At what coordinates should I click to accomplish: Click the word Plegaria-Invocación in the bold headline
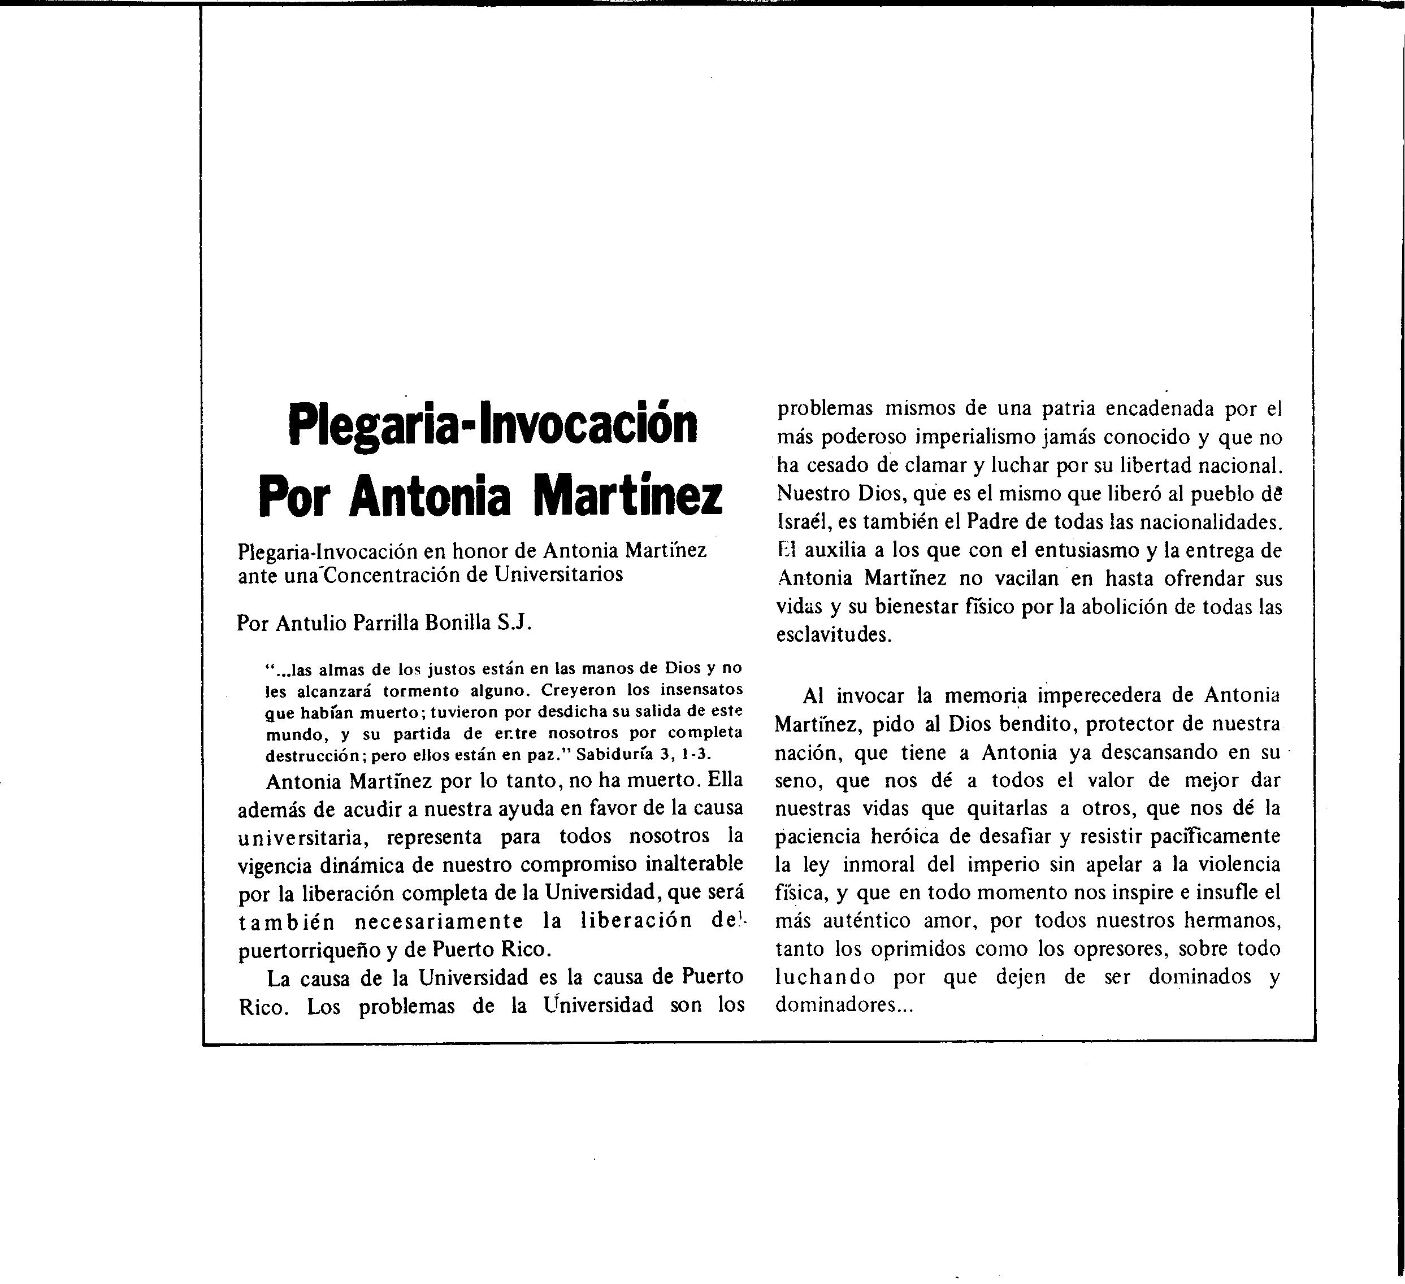click(x=493, y=425)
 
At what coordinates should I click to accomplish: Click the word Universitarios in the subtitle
click(x=558, y=576)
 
